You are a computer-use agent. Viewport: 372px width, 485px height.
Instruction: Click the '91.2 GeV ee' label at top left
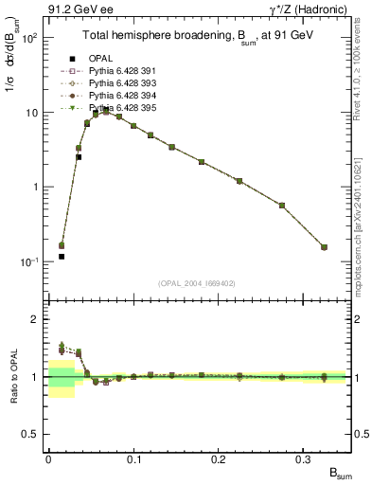[x=75, y=9]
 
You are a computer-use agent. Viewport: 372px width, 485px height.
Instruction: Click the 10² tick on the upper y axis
[x=31, y=38]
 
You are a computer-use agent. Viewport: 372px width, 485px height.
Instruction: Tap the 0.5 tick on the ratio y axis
[x=34, y=434]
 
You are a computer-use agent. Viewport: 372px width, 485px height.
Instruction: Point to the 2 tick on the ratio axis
[x=38, y=319]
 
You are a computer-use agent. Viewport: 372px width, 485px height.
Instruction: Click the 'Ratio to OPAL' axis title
[x=11, y=376]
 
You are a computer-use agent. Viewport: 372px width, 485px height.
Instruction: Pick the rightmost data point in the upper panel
[x=324, y=247]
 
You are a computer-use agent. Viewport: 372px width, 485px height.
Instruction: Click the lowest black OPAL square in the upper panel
[x=62, y=257]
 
